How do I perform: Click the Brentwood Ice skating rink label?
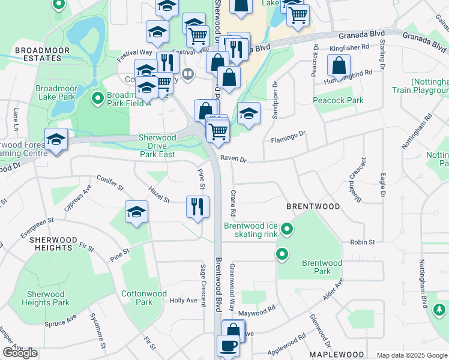pos(250,230)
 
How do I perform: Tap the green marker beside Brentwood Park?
pos(282,254)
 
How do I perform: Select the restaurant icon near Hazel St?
pos(197,207)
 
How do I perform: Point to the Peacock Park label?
pos(338,101)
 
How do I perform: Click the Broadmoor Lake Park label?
pos(55,91)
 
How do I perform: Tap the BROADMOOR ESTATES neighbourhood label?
pos(38,54)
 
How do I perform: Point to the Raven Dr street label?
pos(234,159)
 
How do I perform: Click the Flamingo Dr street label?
pos(288,139)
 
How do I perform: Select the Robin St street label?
pos(363,242)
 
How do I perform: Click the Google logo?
pos(20,353)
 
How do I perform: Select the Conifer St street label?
pos(110,183)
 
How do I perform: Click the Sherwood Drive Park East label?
pos(157,146)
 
